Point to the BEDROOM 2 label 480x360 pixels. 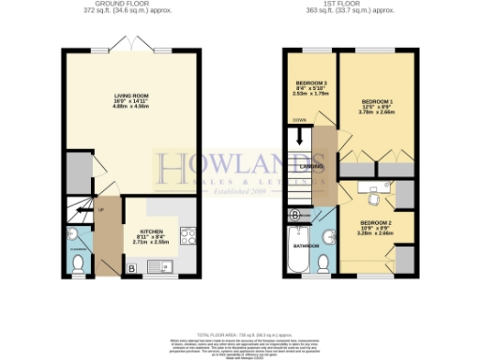coord(376,223)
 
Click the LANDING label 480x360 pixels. coord(314,167)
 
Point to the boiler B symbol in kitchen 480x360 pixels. coord(130,269)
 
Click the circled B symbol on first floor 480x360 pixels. coord(296,216)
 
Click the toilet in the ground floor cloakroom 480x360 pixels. coord(78,265)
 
